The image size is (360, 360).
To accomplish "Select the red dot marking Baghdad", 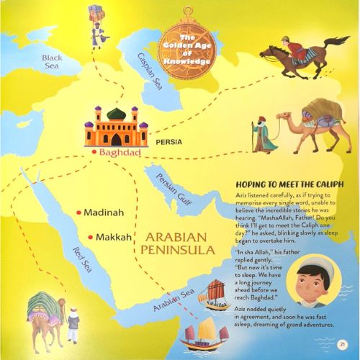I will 94,153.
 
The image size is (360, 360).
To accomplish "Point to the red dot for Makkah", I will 89,237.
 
